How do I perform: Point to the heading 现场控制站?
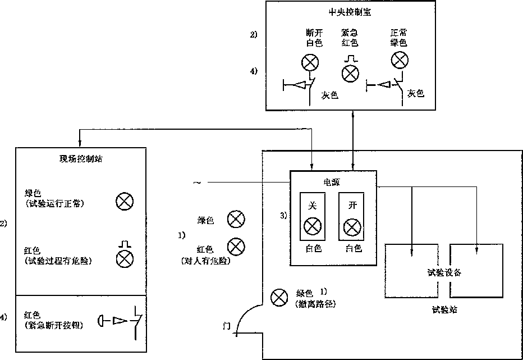click(81, 158)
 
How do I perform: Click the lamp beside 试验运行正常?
click(124, 200)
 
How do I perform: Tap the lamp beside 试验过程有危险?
click(124, 258)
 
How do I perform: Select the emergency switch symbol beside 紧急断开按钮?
click(123, 321)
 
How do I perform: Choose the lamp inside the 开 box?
click(352, 227)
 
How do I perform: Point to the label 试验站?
click(444, 309)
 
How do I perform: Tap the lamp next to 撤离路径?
click(278, 298)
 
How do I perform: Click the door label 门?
click(226, 326)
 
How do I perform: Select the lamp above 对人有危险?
click(236, 246)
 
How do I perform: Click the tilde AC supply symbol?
click(196, 183)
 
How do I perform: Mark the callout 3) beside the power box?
click(283, 215)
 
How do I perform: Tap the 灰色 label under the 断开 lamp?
click(330, 95)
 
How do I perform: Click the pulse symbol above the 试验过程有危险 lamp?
click(124, 244)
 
